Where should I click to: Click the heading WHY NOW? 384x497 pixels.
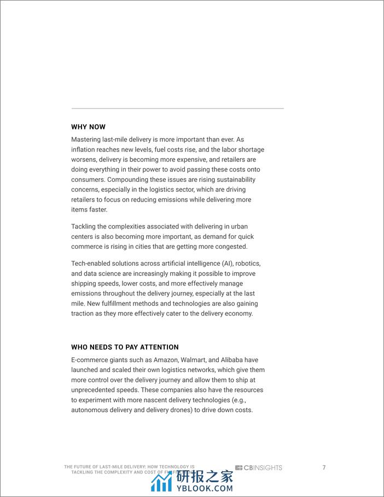[x=88, y=127]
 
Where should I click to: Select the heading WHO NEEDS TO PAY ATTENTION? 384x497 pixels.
[x=125, y=347]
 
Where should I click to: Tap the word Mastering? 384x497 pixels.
[x=88, y=140]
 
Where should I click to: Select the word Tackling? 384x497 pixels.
[x=84, y=226]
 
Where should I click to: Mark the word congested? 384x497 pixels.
[x=231, y=247]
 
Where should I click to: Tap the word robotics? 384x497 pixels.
[x=246, y=264]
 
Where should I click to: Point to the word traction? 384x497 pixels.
[x=83, y=313]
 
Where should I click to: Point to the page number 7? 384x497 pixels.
[x=324, y=467]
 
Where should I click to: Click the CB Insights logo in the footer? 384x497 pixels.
[x=259, y=468]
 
